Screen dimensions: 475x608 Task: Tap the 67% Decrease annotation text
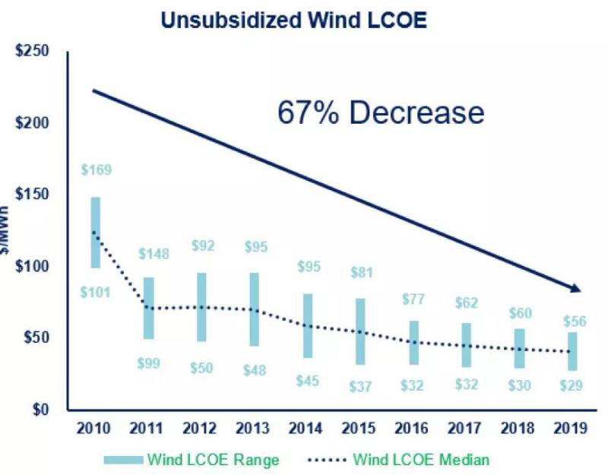coord(380,112)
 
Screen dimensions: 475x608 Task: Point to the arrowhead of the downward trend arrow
coord(575,288)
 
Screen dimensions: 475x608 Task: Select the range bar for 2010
coord(96,232)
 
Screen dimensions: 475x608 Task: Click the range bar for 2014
coord(308,325)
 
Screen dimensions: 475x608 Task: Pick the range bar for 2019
coord(572,351)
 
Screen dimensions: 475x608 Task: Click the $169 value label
coord(97,169)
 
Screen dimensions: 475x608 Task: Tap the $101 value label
coord(97,292)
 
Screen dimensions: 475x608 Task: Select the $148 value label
coord(154,253)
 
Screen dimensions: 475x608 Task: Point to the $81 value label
coord(361,271)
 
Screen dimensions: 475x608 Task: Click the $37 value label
coord(361,386)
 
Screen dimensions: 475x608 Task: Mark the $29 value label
coord(572,385)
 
